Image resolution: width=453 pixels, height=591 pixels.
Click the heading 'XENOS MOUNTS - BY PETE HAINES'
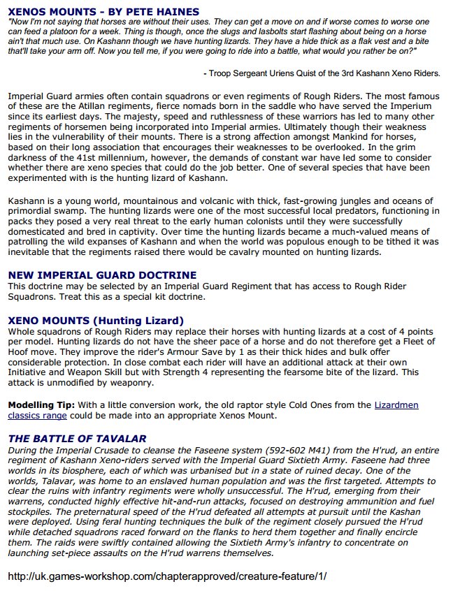(103, 12)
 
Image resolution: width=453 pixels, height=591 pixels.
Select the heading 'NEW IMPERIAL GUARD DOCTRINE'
(102, 275)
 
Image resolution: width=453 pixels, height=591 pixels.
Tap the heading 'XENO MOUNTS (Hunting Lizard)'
(96, 321)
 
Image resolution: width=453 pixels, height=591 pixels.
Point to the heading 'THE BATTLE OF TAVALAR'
(77, 439)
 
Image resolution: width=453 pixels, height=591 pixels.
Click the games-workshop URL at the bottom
(167, 577)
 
